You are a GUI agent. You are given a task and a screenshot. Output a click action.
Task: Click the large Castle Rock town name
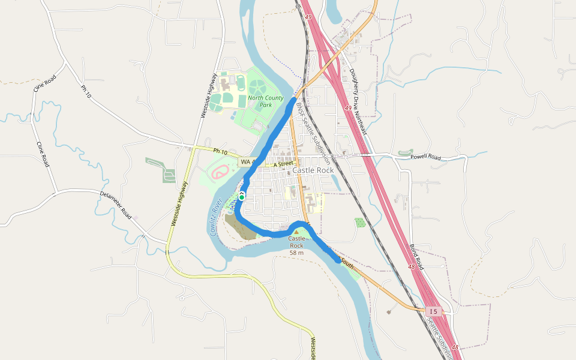tap(313, 170)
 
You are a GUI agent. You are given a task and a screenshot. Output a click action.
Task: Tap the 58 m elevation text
tap(296, 253)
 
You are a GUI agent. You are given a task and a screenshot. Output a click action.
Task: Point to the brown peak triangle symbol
tap(296, 232)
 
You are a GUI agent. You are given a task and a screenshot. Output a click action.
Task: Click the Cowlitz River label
tap(217, 217)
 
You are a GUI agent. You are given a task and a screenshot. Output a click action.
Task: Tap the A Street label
tap(283, 164)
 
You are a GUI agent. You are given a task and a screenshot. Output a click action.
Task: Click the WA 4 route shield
tap(246, 162)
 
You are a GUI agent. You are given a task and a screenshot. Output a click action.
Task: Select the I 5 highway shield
tap(434, 311)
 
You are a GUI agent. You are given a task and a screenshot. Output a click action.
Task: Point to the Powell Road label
tap(425, 157)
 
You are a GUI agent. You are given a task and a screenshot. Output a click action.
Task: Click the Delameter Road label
tap(116, 204)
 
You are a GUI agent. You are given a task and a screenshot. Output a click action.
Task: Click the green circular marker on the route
tap(242, 197)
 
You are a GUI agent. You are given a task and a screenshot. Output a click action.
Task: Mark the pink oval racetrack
tap(219, 173)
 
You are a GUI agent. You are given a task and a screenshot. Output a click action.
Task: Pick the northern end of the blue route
tap(295, 100)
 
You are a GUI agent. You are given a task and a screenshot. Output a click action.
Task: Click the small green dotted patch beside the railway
tap(360, 223)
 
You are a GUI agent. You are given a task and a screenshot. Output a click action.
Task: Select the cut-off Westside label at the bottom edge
tap(313, 349)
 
